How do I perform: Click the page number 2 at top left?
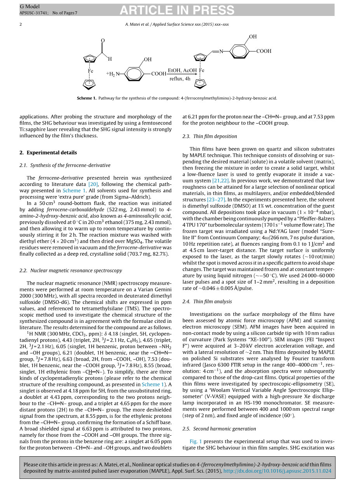[x=21, y=24]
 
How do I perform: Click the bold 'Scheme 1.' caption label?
[x=86, y=98]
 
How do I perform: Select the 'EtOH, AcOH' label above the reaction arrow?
[x=182, y=71]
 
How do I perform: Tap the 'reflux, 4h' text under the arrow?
[x=180, y=79]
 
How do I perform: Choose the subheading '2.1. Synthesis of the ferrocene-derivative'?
[x=65, y=165]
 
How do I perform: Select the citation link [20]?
[x=93, y=184]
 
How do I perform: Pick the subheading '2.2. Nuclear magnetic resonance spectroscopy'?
[x=70, y=270]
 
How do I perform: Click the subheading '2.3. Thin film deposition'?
[x=210, y=137]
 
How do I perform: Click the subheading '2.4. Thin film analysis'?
[x=207, y=301]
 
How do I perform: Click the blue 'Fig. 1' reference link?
[x=196, y=441]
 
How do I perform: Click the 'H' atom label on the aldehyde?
[x=110, y=59]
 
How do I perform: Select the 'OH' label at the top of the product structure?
[x=253, y=37]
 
